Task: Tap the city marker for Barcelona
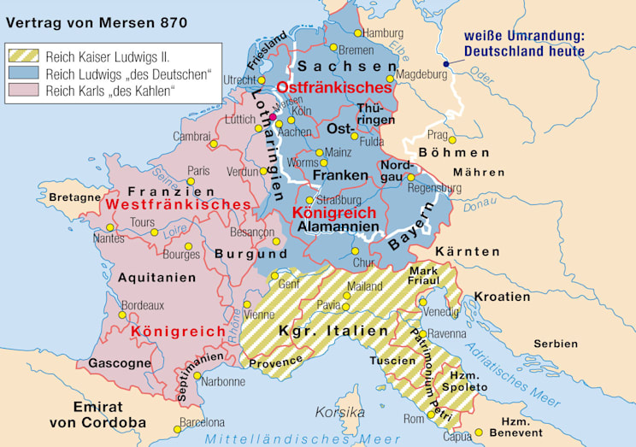(x=177, y=429)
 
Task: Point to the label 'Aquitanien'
(x=152, y=278)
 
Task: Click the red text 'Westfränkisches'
(x=175, y=205)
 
